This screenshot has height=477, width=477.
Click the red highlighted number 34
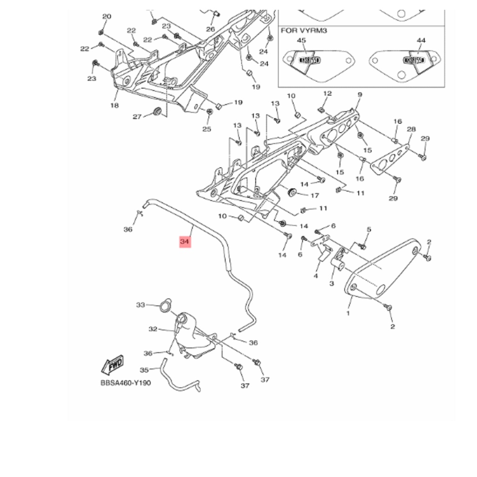[185, 242]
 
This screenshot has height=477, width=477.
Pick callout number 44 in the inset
[421, 41]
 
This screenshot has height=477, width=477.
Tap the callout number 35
[144, 370]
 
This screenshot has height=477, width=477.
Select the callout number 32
[153, 329]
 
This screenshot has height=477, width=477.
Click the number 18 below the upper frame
[115, 105]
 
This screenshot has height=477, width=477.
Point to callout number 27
[136, 116]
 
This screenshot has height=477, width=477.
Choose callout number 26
[211, 29]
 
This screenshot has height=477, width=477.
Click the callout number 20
[107, 17]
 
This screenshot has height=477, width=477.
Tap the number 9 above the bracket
[360, 95]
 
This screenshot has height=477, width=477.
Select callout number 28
[411, 129]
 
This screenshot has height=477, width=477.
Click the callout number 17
[314, 195]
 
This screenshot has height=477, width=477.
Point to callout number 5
[369, 229]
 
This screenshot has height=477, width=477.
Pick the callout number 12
[327, 94]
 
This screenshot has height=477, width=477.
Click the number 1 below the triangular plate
[348, 313]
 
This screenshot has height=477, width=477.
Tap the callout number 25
[207, 129]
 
